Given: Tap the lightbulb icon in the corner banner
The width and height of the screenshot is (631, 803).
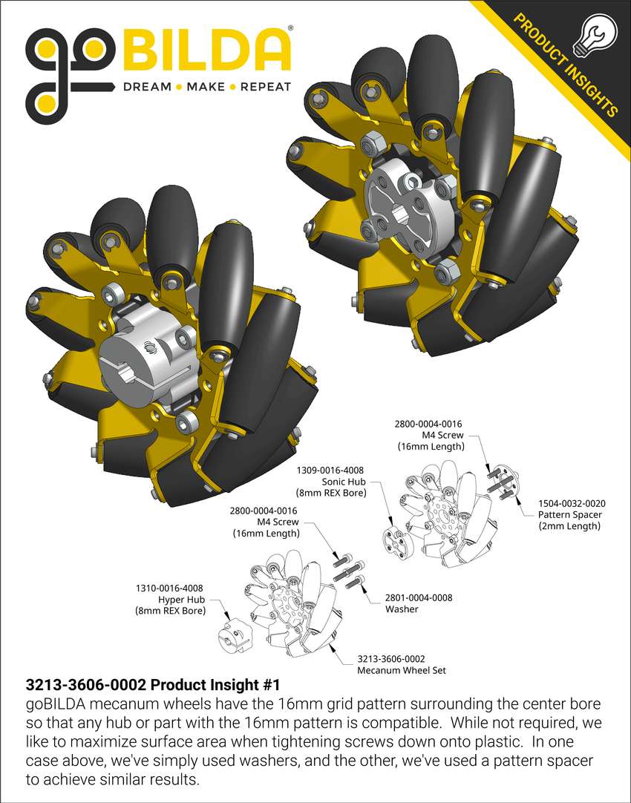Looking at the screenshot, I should pyautogui.click(x=595, y=37).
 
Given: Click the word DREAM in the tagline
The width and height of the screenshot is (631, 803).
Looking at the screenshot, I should pyautogui.click(x=146, y=87).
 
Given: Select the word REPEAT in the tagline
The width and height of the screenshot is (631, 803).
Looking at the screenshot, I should pyautogui.click(x=265, y=87).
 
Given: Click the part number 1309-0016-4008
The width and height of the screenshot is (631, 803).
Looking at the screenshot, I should pyautogui.click(x=330, y=470).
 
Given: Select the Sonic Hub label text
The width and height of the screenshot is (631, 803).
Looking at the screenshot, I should pyautogui.click(x=330, y=481).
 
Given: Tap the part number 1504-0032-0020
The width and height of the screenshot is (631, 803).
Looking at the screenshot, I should pyautogui.click(x=568, y=502).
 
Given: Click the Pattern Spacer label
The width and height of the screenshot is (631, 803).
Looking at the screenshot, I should pyautogui.click(x=569, y=514).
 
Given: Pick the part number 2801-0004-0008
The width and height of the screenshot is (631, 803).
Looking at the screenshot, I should pyautogui.click(x=419, y=597).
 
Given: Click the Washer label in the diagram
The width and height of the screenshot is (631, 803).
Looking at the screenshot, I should pyautogui.click(x=401, y=609).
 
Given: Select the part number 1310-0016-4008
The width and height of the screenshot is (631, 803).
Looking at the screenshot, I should pyautogui.click(x=170, y=589).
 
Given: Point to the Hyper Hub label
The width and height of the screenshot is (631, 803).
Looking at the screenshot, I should pyautogui.click(x=170, y=600).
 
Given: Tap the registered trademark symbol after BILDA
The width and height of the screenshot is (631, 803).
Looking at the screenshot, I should pyautogui.click(x=290, y=30).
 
